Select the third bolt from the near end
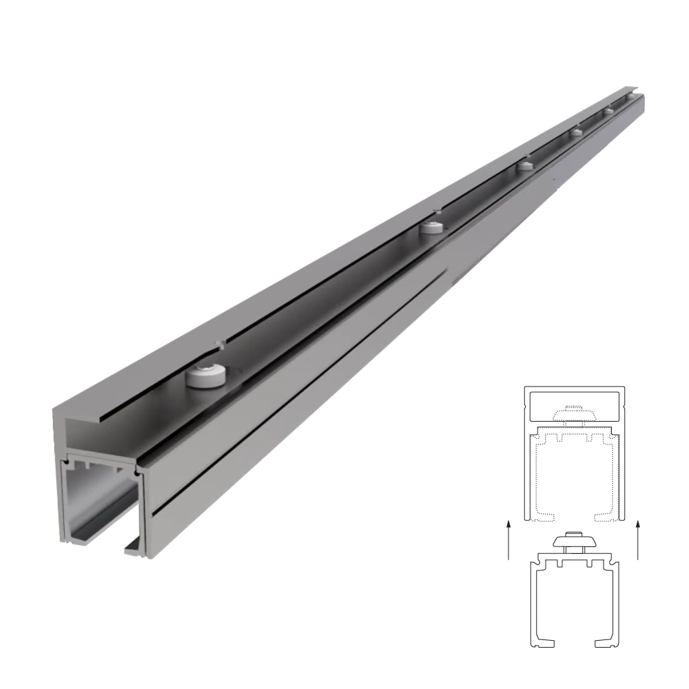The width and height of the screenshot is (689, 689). (x=526, y=165)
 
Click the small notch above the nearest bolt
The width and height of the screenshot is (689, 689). (x=218, y=342)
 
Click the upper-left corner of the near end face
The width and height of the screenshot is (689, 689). (x=55, y=411)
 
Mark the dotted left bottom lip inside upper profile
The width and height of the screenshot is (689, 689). (x=544, y=515)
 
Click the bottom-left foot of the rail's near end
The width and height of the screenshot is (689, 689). (x=69, y=540)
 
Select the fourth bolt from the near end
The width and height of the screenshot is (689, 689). (x=575, y=132)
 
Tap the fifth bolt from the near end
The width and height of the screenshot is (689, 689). (x=608, y=111)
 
